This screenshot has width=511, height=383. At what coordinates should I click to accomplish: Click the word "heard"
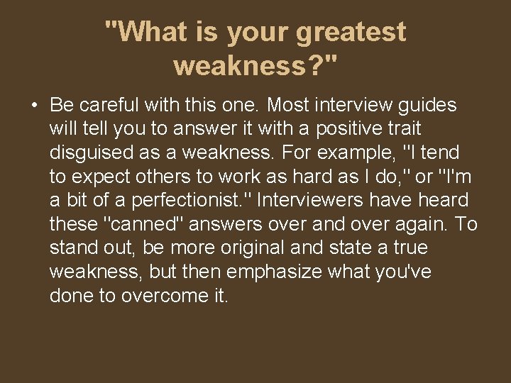[445, 200]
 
